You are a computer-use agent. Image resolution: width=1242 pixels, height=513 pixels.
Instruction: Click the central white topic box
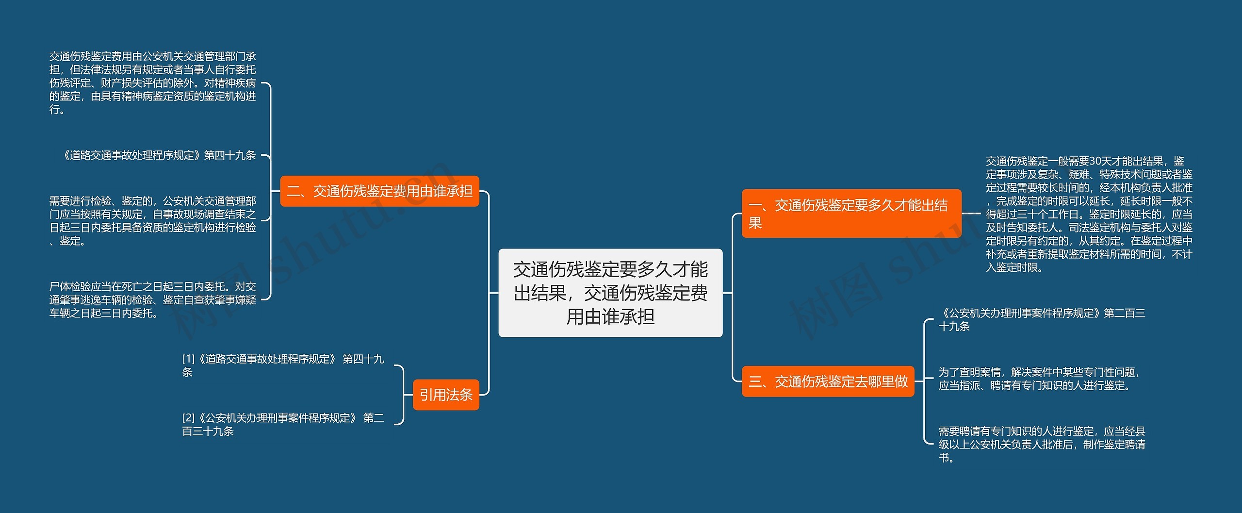(x=610, y=293)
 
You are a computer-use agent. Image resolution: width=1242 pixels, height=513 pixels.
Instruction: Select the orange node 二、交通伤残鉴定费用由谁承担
(x=379, y=191)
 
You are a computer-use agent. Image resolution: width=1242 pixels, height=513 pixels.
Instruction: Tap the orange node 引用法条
(x=446, y=395)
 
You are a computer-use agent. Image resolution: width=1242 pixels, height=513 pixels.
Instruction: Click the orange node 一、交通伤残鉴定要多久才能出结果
(x=851, y=214)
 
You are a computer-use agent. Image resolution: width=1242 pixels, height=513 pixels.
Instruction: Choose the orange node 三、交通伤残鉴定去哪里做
(x=828, y=381)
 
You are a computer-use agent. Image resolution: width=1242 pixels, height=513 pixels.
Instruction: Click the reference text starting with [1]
(x=283, y=365)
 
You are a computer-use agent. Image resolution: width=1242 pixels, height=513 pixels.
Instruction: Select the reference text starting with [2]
(x=283, y=424)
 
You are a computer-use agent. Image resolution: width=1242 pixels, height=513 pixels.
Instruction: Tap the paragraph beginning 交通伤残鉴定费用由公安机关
(x=152, y=83)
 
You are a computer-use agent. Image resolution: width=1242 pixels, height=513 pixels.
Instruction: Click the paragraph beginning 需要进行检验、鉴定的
(x=152, y=221)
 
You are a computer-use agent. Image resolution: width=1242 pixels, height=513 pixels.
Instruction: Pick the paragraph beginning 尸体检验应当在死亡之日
(x=152, y=300)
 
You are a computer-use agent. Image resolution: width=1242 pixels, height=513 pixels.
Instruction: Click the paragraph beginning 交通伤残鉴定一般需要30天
(x=1089, y=214)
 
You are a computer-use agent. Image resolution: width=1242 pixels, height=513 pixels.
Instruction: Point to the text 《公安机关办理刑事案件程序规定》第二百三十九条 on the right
(x=1042, y=320)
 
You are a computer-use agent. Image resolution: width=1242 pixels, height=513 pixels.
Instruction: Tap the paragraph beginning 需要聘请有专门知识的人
(x=1042, y=444)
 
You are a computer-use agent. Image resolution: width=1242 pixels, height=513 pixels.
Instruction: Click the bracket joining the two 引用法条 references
(x=403, y=395)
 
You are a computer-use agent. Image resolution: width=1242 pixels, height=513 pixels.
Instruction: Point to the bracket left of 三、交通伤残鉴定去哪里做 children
(x=925, y=381)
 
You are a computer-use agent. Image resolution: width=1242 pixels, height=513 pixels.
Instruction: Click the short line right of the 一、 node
(x=971, y=214)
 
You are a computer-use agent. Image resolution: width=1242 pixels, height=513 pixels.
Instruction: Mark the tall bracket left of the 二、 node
(x=270, y=191)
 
